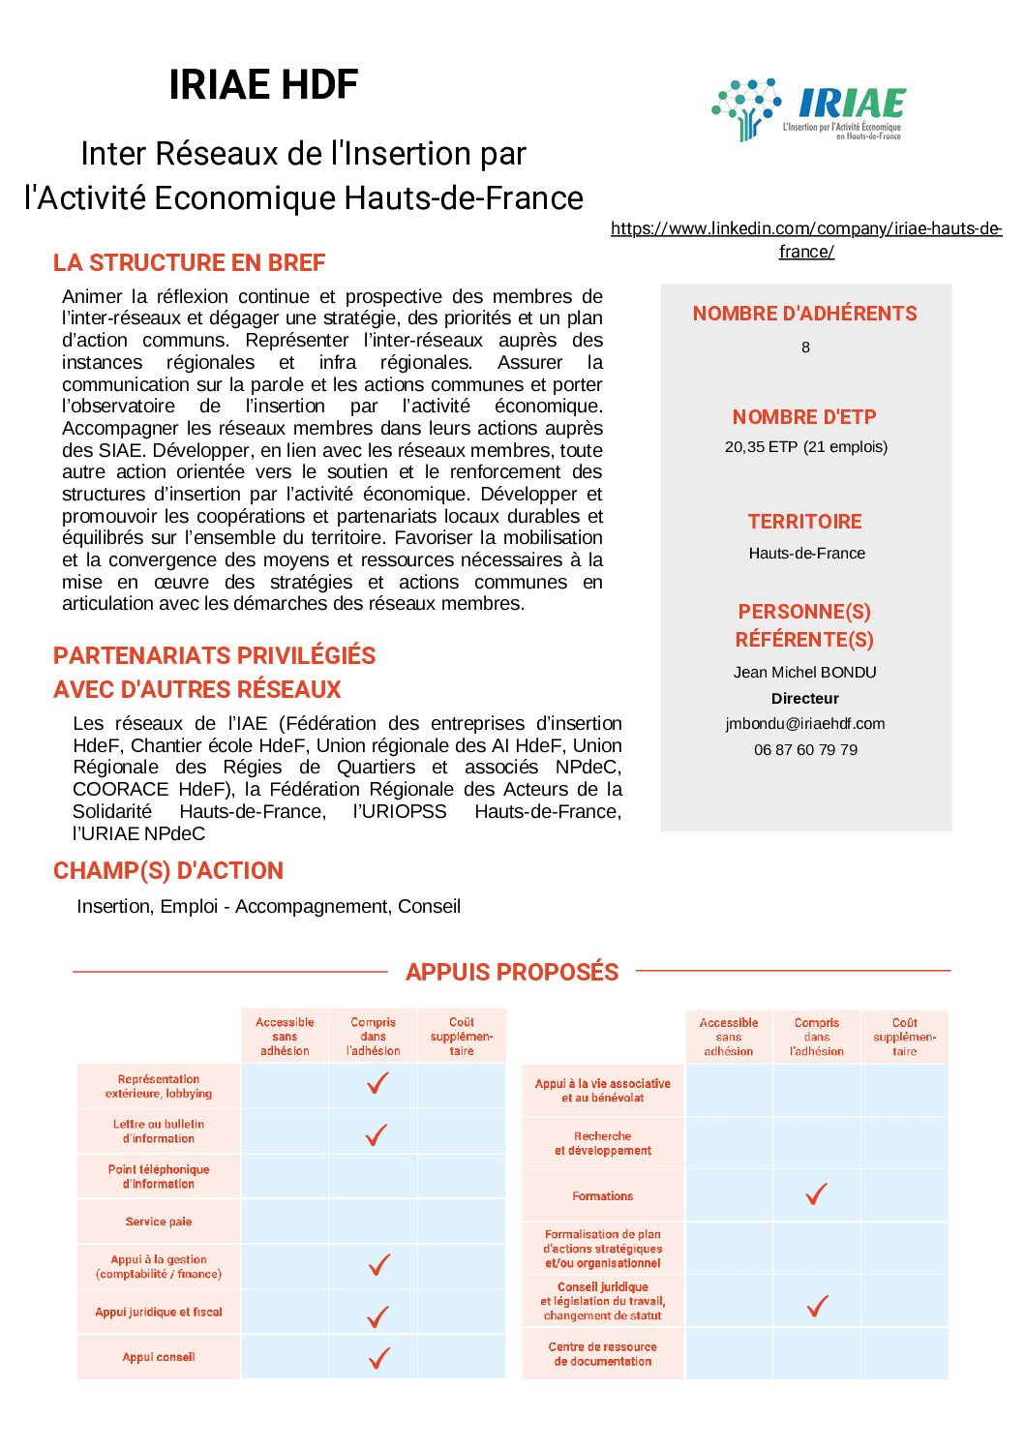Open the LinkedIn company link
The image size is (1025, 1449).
(806, 239)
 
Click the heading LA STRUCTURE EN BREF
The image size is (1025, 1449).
(189, 262)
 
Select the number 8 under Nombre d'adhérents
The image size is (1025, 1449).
(805, 347)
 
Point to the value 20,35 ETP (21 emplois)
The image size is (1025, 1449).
(806, 446)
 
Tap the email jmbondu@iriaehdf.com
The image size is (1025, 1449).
(805, 724)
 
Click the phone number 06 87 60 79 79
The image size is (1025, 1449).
(805, 749)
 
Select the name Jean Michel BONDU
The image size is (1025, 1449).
(805, 672)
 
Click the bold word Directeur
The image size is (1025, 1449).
(805, 698)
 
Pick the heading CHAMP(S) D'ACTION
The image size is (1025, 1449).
(168, 870)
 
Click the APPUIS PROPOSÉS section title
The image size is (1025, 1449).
(512, 972)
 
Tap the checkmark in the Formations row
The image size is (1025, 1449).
(817, 1194)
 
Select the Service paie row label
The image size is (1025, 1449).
(159, 1222)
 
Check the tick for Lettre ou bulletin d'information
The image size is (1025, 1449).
(377, 1134)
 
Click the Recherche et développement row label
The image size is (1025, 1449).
(602, 1143)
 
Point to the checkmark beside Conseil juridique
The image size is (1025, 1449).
(818, 1306)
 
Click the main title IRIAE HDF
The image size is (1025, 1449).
(263, 85)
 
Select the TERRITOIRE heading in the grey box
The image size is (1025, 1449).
(804, 522)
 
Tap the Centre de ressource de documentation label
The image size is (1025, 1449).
(602, 1354)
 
